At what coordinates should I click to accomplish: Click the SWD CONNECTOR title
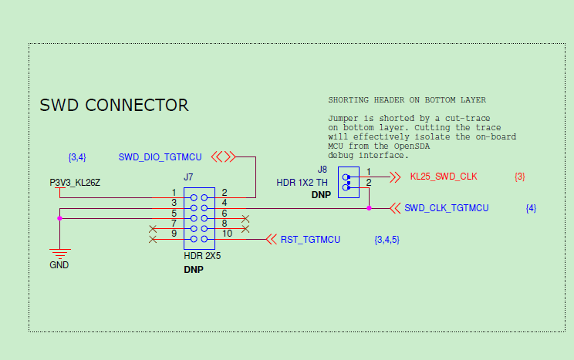click(114, 105)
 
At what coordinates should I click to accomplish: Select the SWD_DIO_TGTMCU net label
click(160, 157)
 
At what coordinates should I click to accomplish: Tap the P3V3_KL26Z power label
click(76, 183)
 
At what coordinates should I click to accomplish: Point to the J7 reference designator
click(188, 177)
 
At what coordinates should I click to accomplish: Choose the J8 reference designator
click(322, 169)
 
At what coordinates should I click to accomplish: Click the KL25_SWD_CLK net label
click(444, 177)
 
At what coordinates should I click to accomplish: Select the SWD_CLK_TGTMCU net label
click(446, 208)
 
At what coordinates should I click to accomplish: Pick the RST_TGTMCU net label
click(310, 240)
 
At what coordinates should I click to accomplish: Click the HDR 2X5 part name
click(202, 256)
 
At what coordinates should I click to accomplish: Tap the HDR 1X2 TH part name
click(302, 183)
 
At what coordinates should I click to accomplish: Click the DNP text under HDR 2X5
click(193, 270)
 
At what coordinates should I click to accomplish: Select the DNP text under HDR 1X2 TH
click(321, 196)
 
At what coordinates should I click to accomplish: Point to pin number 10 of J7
click(227, 233)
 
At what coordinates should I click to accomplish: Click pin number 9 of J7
click(174, 233)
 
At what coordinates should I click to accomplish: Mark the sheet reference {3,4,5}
click(387, 240)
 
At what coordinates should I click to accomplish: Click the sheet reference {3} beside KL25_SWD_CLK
click(519, 177)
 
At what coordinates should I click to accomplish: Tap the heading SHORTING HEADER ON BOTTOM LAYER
click(407, 100)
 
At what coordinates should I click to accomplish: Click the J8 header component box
click(349, 182)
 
